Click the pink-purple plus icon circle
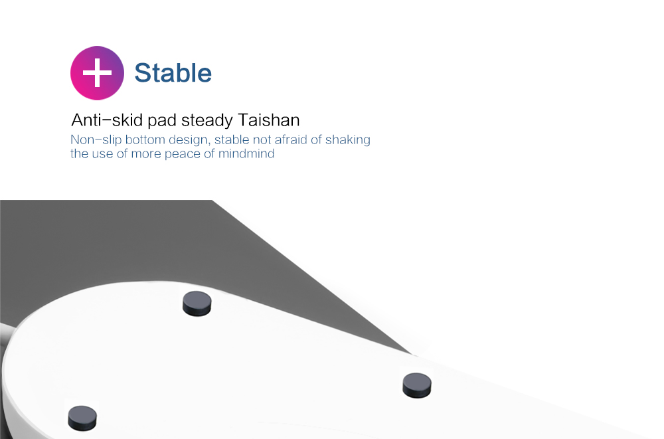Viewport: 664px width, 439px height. [x=97, y=73]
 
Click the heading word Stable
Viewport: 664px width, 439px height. [x=173, y=73]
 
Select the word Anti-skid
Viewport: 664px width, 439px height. [x=107, y=120]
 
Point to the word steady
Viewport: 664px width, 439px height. [x=207, y=121]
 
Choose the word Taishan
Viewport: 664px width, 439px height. [x=269, y=120]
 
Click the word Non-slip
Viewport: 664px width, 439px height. [x=96, y=140]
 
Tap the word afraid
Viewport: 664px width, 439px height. [x=291, y=139]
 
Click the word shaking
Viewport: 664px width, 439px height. [x=348, y=140]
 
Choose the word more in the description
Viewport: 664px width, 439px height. [x=145, y=154]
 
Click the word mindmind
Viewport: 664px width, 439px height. [x=246, y=153]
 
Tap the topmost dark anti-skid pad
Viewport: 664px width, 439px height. [x=197, y=304]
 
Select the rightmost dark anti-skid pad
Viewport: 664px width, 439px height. [x=417, y=385]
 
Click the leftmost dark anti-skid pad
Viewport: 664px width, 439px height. [x=82, y=418]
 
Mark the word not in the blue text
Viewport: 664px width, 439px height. [x=262, y=139]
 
